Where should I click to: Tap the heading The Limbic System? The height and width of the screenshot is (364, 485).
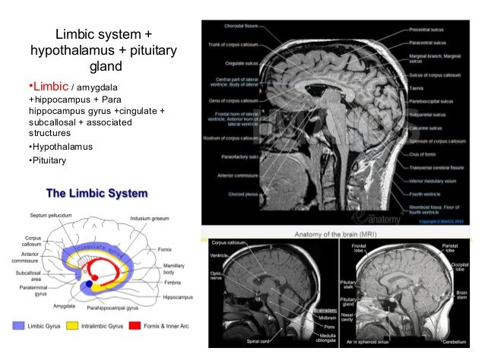[x=97, y=192]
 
